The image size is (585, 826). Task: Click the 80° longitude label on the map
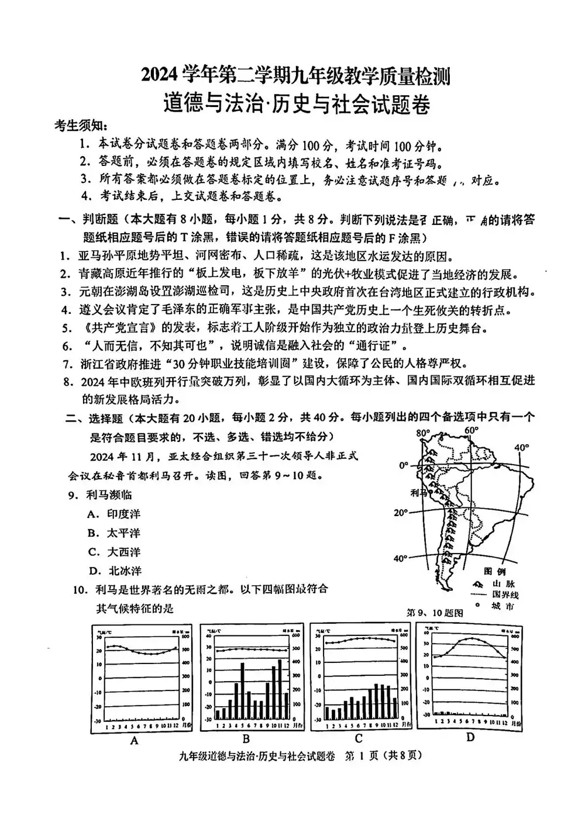[x=422, y=433]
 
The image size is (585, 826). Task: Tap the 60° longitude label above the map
[x=471, y=431]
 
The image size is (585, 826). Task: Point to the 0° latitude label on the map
[x=404, y=466]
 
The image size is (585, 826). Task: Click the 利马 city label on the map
[x=419, y=493]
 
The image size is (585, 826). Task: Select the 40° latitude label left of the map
[x=400, y=558]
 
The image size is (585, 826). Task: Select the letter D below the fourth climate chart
[x=470, y=737]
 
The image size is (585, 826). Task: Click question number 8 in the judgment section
[x=67, y=381]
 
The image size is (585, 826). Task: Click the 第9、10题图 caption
[x=434, y=613]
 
